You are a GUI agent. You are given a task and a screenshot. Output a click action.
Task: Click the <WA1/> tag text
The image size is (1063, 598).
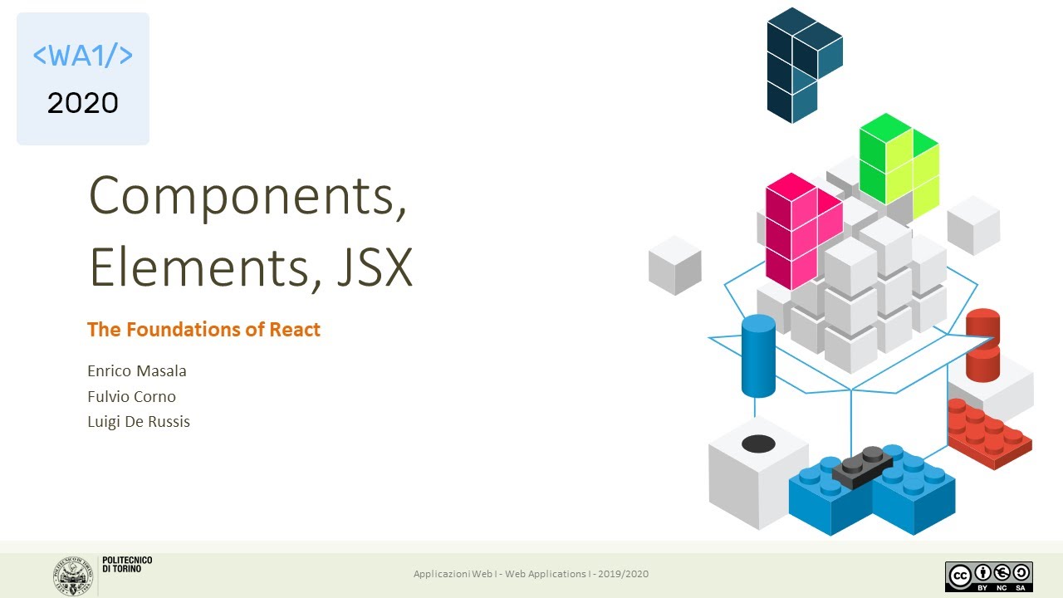(83, 56)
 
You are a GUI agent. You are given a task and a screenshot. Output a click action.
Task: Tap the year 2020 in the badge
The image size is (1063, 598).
(83, 103)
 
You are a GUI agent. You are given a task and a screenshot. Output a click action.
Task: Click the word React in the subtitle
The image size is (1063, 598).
(294, 330)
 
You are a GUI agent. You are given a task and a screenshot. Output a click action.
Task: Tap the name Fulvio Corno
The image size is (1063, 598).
(131, 396)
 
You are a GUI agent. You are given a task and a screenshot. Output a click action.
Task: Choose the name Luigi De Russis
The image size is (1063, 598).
(139, 422)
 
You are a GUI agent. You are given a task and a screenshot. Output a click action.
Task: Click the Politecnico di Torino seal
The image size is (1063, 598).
(73, 574)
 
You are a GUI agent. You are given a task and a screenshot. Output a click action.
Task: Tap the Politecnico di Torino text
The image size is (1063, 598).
(127, 564)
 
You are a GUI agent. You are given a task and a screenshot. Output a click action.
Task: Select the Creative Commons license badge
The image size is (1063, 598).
(988, 576)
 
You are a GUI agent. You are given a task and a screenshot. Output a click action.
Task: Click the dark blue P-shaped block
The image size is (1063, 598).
(799, 62)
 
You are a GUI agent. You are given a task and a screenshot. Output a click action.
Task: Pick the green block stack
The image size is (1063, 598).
(899, 162)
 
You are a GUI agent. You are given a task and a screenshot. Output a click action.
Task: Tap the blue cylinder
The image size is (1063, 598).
(758, 355)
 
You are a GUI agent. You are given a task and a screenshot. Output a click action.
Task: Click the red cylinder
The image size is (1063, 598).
(982, 344)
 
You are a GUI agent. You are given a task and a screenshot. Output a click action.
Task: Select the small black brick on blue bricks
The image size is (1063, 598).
(863, 466)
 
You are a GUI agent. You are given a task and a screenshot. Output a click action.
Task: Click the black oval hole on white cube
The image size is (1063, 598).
(757, 444)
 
